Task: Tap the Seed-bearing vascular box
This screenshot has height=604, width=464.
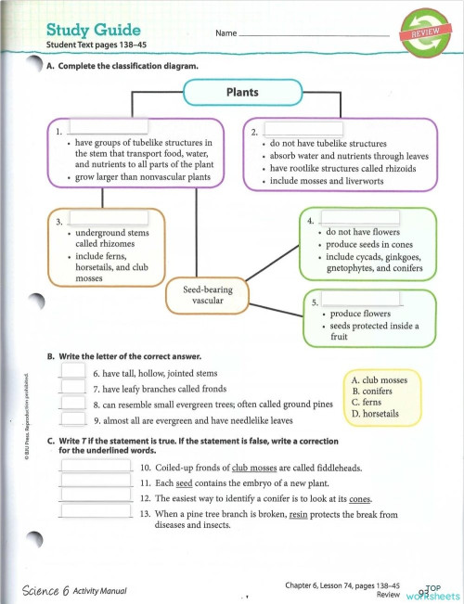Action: tap(208, 294)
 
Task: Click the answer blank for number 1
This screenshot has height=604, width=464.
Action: tap(102, 130)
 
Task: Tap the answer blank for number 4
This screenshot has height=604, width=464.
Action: tap(359, 222)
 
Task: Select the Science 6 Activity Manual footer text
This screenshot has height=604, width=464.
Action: tap(76, 590)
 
